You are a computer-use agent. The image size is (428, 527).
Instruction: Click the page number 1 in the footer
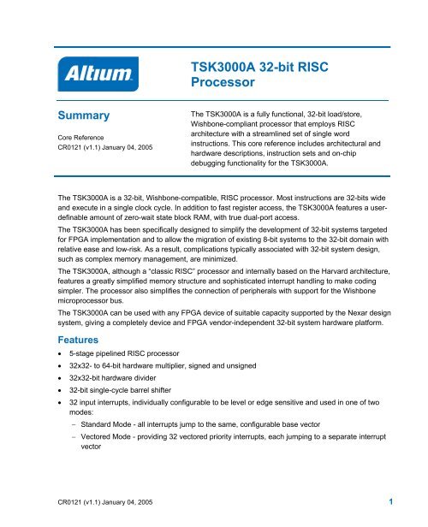pos(389,501)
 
